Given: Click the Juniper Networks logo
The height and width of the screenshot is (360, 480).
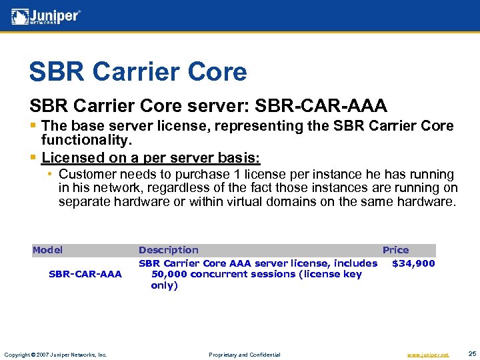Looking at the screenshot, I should pyautogui.click(x=46, y=16).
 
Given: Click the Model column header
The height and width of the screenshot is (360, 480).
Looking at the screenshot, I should pyautogui.click(x=47, y=250).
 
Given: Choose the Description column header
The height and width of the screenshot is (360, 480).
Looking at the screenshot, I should pyautogui.click(x=168, y=250).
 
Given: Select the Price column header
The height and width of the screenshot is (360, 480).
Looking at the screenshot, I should pyautogui.click(x=395, y=250).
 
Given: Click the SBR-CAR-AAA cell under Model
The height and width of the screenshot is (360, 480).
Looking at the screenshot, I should pyautogui.click(x=85, y=274).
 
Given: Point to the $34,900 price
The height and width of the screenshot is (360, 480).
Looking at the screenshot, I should pyautogui.click(x=413, y=263).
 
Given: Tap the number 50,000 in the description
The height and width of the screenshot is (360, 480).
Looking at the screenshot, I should pyautogui.click(x=171, y=274).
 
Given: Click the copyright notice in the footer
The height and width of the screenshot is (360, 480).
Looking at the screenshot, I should pyautogui.click(x=55, y=355).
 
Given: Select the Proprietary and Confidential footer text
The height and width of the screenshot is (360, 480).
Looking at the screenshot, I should pyautogui.click(x=245, y=355).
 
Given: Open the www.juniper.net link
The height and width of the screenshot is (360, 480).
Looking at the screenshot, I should pyautogui.click(x=427, y=355).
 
